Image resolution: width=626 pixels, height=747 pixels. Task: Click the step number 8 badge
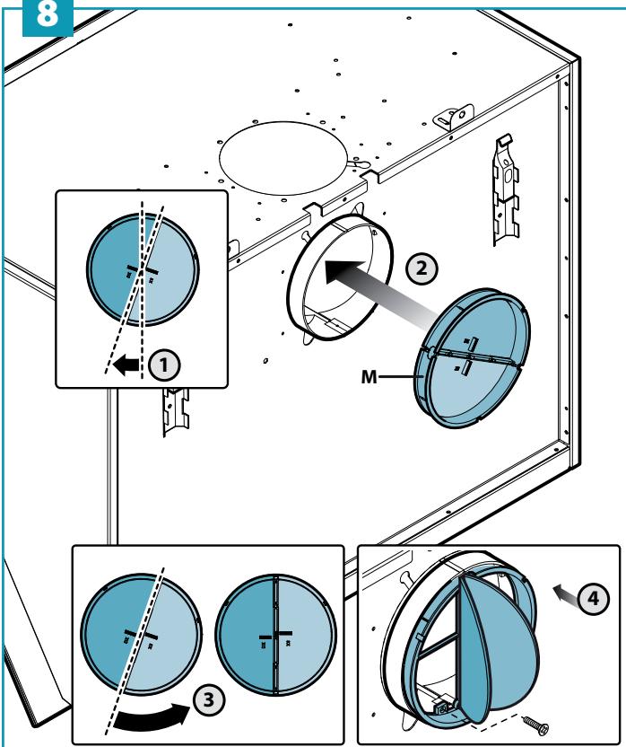coord(48,17)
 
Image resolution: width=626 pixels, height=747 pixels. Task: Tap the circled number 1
coord(164,366)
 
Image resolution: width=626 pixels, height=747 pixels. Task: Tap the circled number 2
coord(422,268)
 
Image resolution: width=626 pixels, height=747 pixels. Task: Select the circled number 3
coord(208,700)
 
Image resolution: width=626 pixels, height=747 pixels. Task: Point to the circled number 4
coord(594,598)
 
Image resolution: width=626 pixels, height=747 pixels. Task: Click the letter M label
coord(369,377)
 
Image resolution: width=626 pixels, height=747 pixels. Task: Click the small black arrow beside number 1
coord(126,365)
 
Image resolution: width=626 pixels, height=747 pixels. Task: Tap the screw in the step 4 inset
coord(535,725)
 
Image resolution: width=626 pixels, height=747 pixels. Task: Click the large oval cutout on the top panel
coord(283,158)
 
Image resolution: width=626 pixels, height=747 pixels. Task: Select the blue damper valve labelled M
coord(472,357)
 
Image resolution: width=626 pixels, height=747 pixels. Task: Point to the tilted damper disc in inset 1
coord(143,269)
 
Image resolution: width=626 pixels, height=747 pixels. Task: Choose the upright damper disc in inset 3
coord(275,634)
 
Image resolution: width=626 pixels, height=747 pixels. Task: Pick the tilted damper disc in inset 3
coord(141,635)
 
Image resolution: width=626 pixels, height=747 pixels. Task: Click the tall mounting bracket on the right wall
coord(506,190)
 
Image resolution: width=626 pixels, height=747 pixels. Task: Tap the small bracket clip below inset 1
coord(175,410)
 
